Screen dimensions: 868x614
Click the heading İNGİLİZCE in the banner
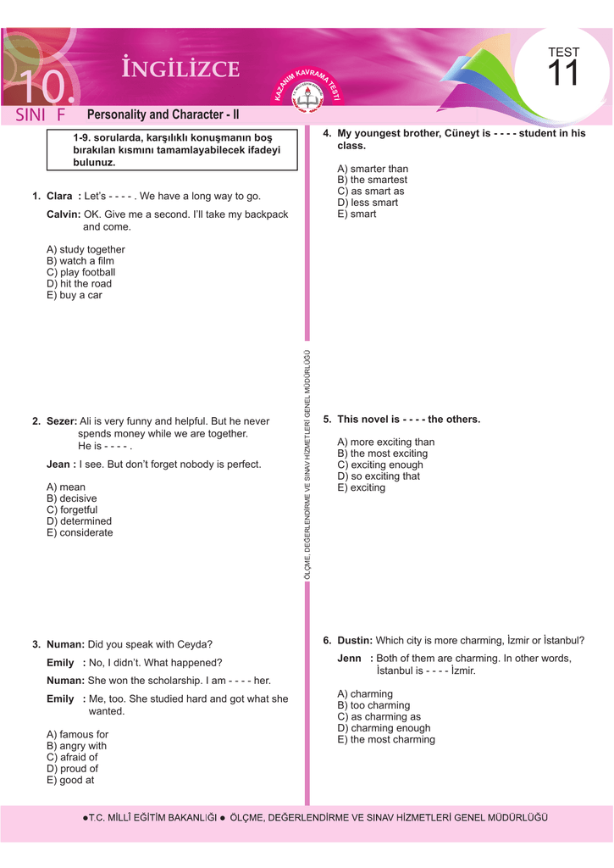180,70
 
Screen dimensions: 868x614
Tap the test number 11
562,75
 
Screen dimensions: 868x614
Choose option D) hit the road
79,284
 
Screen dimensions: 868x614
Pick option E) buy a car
74,296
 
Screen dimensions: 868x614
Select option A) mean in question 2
66,487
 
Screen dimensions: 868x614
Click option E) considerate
80,533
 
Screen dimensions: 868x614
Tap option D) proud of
72,769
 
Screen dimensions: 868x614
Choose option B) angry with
76,746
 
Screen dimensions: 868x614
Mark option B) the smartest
372,181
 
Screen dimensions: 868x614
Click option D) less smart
368,203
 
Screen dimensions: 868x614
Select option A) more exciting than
385,442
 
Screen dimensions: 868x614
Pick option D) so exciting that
379,476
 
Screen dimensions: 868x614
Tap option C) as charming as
379,717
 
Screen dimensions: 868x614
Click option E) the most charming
386,740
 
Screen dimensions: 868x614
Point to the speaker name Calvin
63,214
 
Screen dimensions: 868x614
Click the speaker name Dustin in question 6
354,641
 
